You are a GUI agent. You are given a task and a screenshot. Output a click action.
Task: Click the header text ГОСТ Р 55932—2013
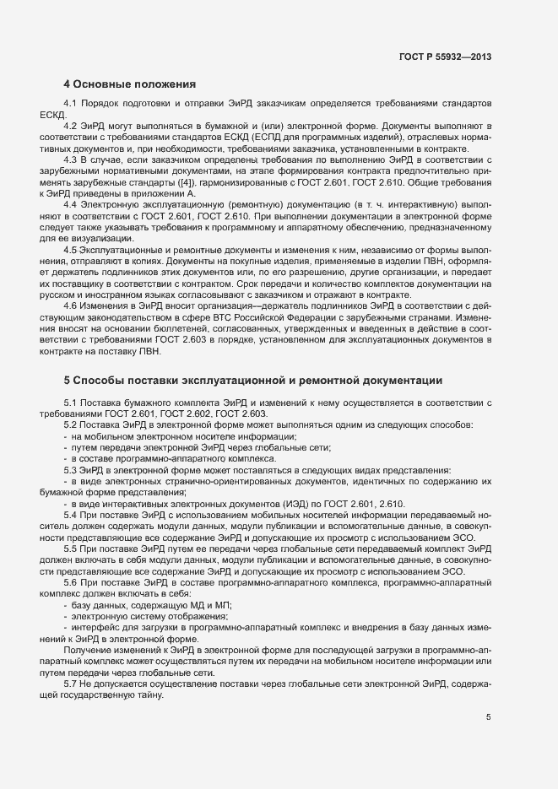(x=445, y=57)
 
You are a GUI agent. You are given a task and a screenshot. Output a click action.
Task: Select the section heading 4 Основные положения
(x=130, y=84)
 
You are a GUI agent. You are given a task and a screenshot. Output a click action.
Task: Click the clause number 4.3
(x=71, y=159)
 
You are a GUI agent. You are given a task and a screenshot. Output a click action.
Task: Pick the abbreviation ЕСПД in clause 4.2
(x=299, y=137)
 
